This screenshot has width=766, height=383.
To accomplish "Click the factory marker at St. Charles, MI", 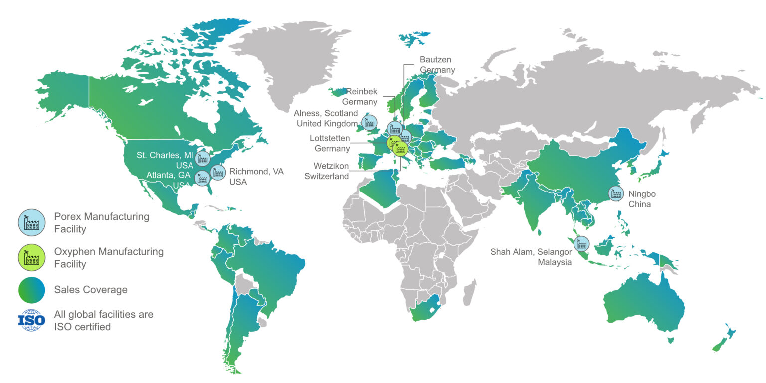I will (202, 158).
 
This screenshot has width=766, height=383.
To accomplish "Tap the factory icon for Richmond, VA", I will (218, 173).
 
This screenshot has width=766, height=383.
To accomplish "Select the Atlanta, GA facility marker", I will (202, 178).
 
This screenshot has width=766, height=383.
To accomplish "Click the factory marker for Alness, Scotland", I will (369, 122).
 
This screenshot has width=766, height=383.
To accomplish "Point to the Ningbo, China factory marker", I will (615, 193).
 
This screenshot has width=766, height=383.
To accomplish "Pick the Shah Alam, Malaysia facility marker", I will (581, 244).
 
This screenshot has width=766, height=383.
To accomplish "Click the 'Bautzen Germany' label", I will (437, 65).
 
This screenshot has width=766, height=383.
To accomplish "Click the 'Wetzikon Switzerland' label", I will (331, 171).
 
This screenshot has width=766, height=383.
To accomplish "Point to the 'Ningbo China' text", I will (639, 199).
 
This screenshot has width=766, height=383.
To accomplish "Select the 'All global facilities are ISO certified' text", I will (104, 321).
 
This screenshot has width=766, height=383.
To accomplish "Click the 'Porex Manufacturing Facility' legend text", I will (102, 223).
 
